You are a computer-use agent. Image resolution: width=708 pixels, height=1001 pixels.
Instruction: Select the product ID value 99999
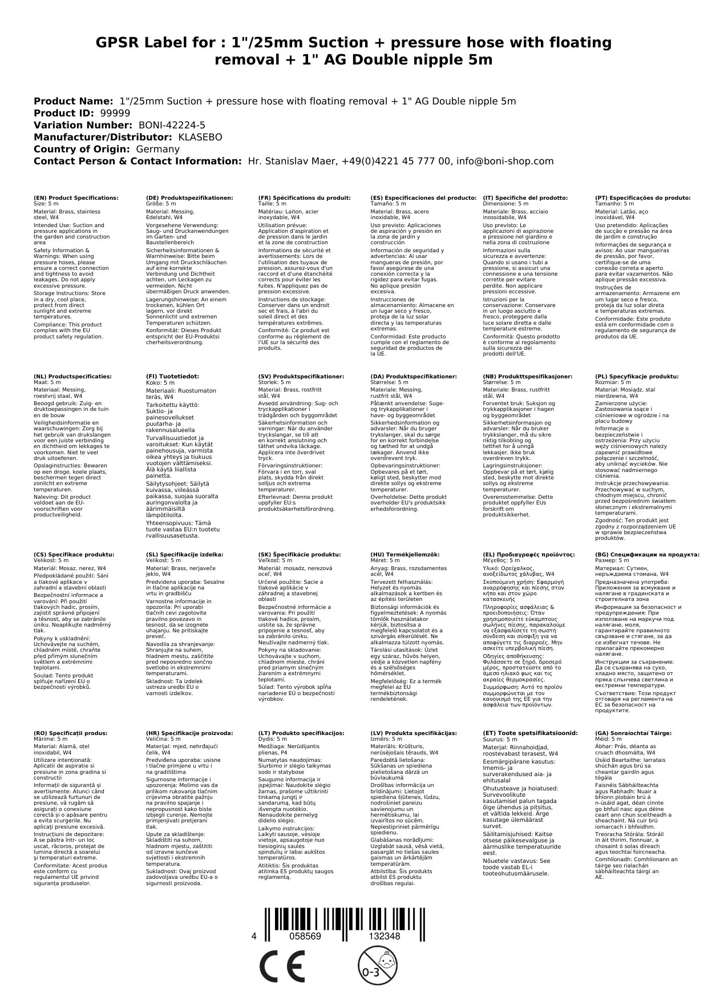115,113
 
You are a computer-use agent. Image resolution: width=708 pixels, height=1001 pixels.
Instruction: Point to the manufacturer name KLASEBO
200,137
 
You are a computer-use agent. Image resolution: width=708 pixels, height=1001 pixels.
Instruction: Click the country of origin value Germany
157,149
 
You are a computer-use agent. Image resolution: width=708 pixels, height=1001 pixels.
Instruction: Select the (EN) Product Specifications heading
76,198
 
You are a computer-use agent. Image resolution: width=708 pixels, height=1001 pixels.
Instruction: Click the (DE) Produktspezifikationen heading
189,198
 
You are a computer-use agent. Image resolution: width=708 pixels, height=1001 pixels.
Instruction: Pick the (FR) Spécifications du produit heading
304,198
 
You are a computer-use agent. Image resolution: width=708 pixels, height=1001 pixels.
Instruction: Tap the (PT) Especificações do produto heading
642,198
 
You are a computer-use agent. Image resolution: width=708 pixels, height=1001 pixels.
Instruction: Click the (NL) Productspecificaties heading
72,377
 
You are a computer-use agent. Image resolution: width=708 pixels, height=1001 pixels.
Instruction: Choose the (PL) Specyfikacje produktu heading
637,377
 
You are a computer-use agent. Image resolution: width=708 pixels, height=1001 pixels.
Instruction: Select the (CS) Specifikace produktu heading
74,554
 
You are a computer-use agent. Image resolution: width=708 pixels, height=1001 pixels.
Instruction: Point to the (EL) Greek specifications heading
529,554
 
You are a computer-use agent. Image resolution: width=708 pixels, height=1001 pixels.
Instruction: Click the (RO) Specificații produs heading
70,733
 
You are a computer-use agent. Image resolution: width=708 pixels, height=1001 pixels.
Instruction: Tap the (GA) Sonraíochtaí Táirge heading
633,733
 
